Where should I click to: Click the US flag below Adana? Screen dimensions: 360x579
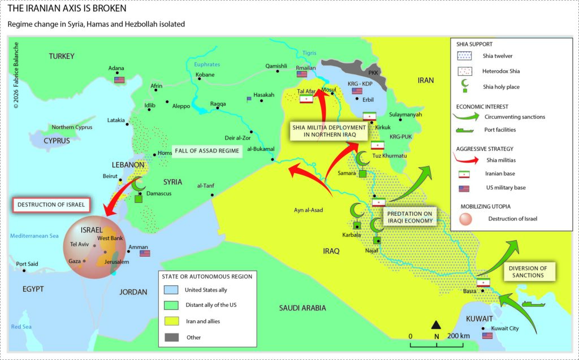coord(119,80)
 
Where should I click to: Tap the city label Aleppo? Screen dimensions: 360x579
coord(181,106)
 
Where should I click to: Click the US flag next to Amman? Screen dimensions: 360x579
coord(145,254)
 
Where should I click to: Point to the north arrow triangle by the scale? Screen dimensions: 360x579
coord(436,324)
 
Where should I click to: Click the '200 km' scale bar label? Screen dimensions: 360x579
coord(459,336)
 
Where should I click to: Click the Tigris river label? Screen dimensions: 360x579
coord(309,53)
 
